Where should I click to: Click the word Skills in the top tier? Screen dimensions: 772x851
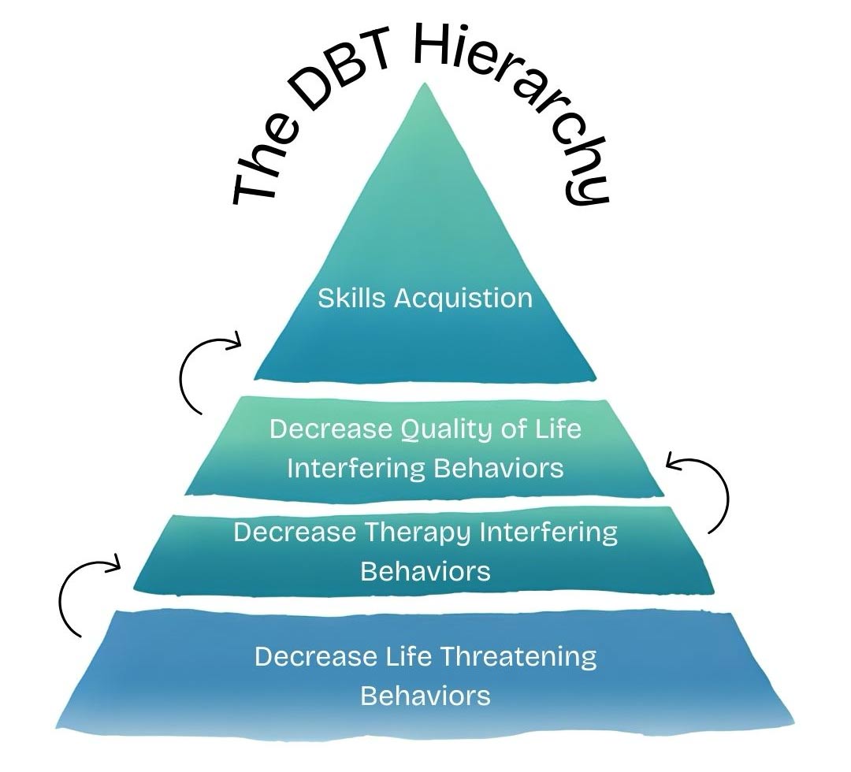(353, 299)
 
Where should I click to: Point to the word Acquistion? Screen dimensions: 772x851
(463, 299)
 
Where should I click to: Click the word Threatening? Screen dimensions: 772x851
(516, 656)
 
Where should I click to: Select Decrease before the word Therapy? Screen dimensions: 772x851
(295, 532)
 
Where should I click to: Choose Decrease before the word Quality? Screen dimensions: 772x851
(330, 429)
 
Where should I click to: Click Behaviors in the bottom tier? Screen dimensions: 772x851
(425, 696)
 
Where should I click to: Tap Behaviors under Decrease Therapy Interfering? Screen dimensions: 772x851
(425, 571)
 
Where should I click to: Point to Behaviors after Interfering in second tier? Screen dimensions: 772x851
(498, 468)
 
